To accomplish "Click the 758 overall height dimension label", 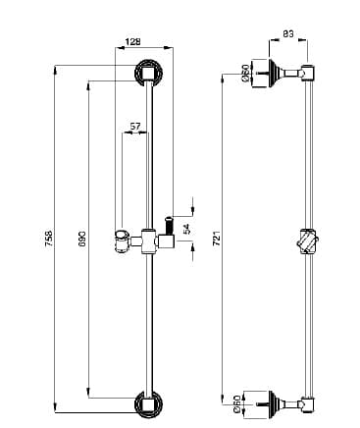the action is click(x=48, y=239).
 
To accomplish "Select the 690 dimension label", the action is click(x=81, y=239).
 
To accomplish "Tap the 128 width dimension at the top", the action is click(x=132, y=42).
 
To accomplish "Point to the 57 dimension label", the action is click(x=135, y=126).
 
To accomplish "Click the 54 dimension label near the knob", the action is click(x=186, y=229).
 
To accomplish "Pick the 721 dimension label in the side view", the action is click(x=216, y=239).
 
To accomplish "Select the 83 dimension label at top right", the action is click(x=288, y=33).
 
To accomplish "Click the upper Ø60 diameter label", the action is click(x=245, y=73).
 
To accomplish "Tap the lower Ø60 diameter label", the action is click(x=237, y=404).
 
